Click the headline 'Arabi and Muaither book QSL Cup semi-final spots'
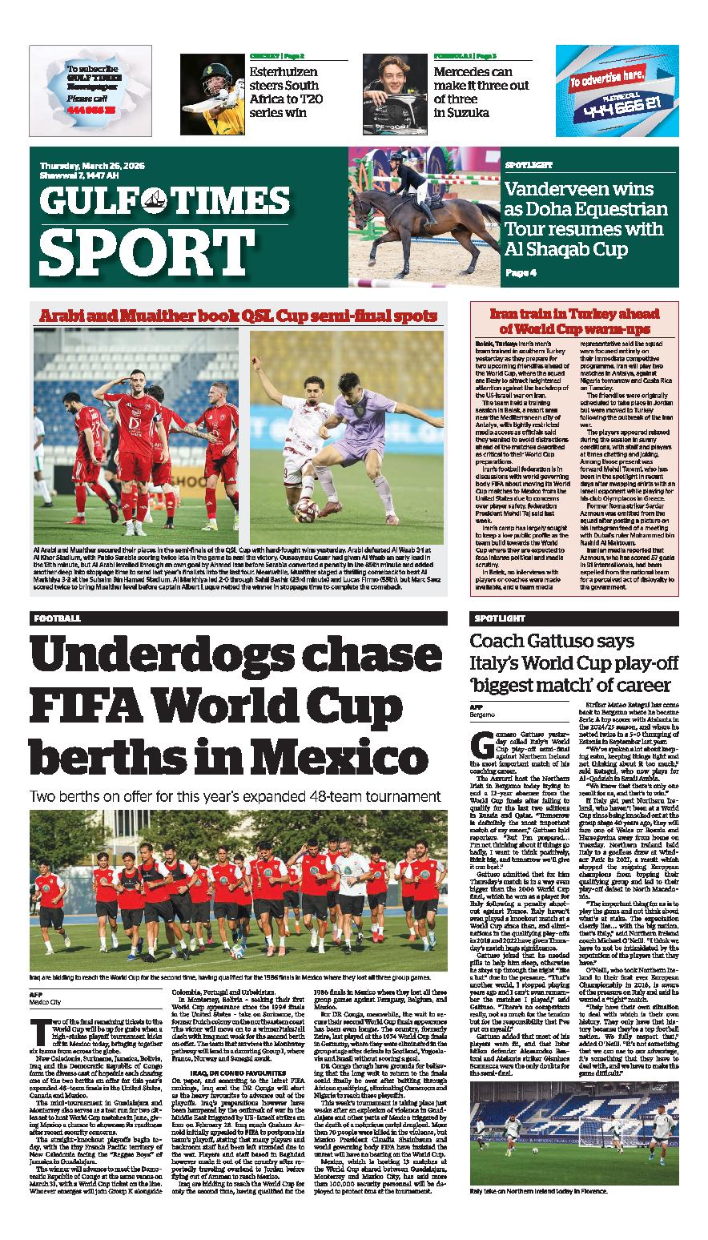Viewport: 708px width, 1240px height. (x=239, y=316)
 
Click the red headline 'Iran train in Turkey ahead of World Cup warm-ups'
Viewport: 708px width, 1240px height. (x=573, y=320)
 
